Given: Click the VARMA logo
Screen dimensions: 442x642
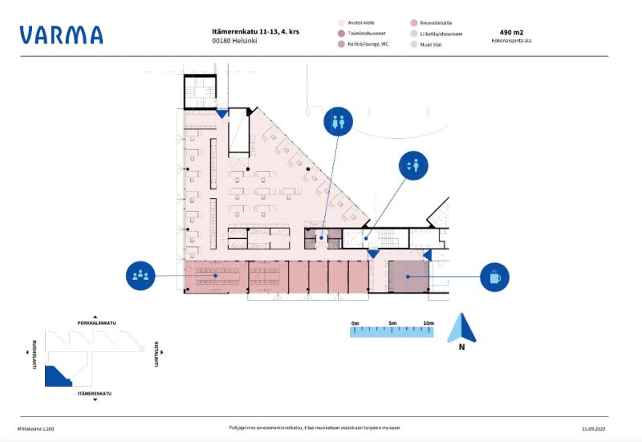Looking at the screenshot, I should point(61,35).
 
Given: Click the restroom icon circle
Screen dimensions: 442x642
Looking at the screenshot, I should point(337,121).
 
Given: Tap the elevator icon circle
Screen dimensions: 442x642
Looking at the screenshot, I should point(413,166).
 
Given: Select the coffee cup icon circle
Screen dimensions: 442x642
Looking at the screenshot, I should point(494,277).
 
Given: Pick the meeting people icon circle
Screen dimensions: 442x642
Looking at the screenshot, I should point(140,276).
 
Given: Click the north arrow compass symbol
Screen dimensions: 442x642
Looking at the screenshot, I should point(461,329).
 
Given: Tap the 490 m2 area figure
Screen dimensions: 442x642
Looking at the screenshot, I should point(511,33).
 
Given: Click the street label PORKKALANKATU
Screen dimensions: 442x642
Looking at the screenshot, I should point(96,322).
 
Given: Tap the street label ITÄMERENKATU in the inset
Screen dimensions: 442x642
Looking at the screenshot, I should point(94,394).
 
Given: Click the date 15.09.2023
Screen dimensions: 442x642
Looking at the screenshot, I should point(595,428).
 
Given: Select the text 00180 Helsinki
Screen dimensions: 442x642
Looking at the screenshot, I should point(234,41).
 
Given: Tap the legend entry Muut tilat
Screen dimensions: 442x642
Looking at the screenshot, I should point(430,44).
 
